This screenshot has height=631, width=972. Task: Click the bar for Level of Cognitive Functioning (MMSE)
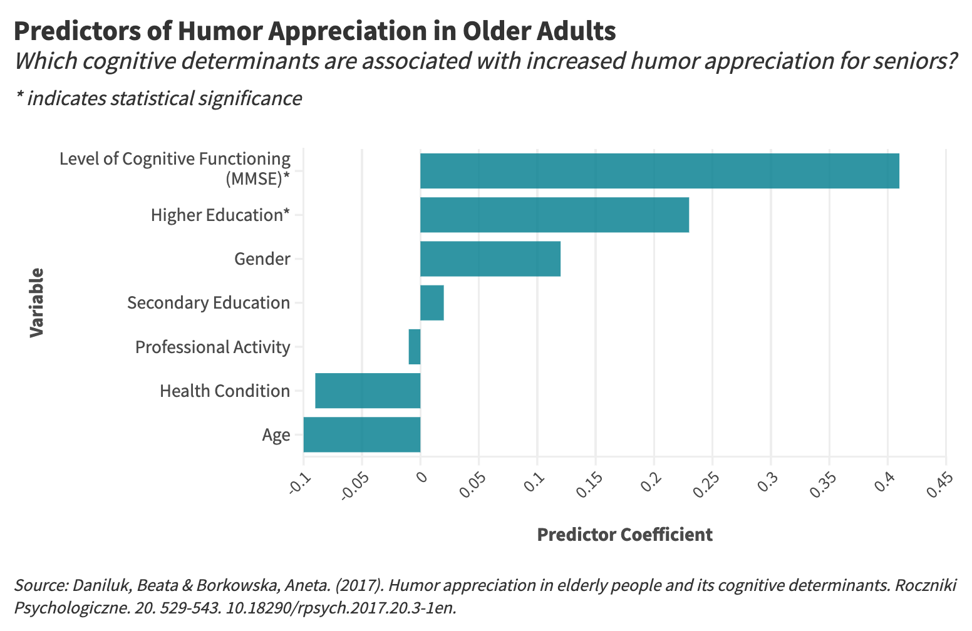click(x=659, y=171)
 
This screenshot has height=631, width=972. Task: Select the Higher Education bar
click(x=554, y=215)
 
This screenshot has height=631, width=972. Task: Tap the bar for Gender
click(x=490, y=259)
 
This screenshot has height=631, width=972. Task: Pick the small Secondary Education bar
click(x=432, y=303)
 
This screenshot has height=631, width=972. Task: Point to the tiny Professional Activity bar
click(x=415, y=347)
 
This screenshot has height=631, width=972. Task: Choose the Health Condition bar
click(x=368, y=391)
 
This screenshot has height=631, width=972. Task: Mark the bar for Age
click(x=361, y=434)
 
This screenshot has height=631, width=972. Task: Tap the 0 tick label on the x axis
click(x=420, y=478)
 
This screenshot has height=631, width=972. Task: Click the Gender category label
click(x=262, y=259)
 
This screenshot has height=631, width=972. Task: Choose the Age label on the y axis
click(x=276, y=435)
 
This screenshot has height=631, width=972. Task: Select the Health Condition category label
click(x=225, y=391)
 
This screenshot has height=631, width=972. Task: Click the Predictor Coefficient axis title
click(x=624, y=535)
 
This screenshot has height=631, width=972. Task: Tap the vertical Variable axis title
click(x=37, y=302)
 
